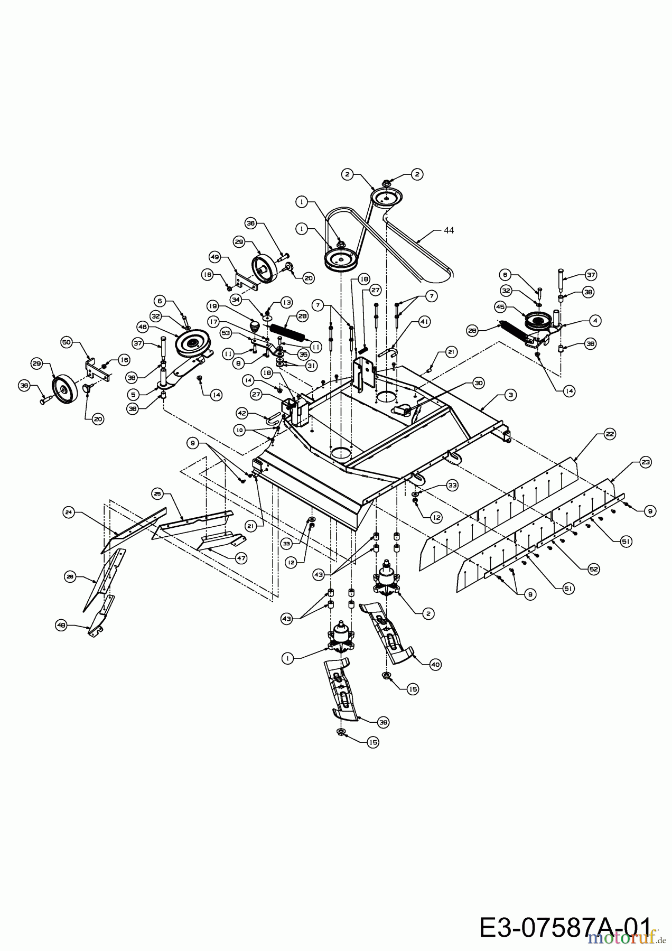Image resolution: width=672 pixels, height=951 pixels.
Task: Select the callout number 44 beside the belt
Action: (449, 230)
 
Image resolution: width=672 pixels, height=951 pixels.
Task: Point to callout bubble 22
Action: (610, 434)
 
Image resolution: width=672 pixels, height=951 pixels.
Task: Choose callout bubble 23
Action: (646, 462)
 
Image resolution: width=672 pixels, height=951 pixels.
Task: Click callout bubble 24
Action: (69, 512)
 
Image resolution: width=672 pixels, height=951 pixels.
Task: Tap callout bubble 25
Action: (157, 493)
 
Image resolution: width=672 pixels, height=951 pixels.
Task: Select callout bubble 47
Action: (241, 558)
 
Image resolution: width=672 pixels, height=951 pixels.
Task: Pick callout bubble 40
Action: (435, 664)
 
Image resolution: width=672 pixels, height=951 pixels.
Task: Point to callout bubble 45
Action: (499, 306)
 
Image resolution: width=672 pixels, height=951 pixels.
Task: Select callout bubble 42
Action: (241, 414)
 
